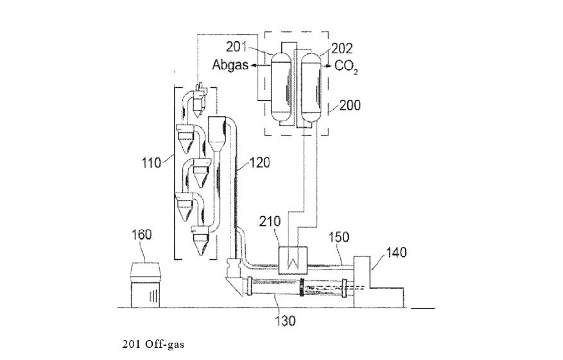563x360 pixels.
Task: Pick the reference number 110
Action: [152, 162]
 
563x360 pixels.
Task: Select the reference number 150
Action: [338, 237]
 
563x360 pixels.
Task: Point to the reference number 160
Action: [141, 234]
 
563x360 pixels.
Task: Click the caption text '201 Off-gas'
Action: [153, 345]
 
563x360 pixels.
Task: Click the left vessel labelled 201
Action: [281, 90]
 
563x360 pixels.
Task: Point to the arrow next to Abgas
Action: [259, 65]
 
